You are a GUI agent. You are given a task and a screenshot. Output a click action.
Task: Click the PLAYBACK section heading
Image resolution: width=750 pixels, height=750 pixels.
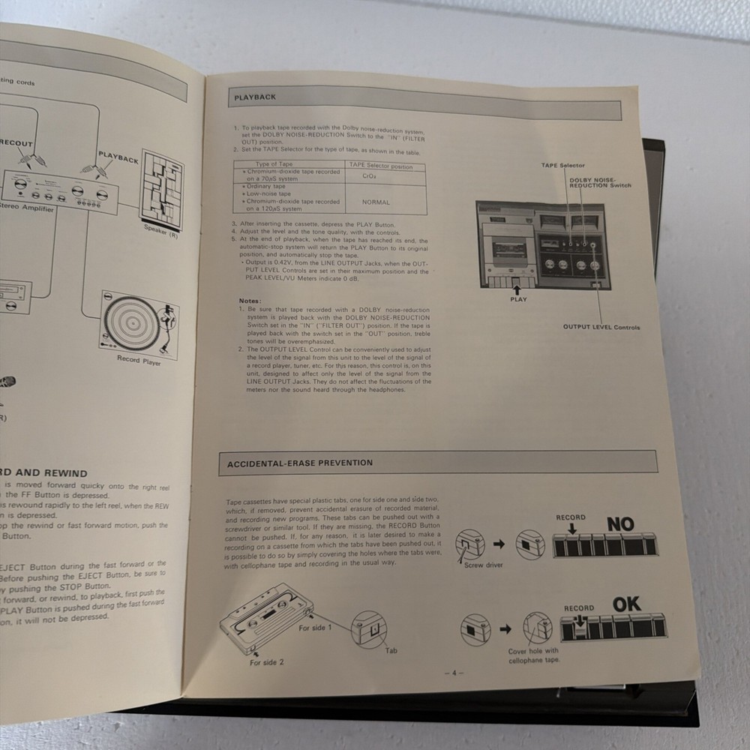tap(255, 97)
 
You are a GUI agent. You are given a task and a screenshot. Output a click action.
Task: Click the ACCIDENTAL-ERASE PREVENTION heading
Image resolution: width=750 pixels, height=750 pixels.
tap(300, 463)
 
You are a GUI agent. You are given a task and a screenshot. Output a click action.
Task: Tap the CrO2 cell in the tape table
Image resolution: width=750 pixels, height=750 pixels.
tap(369, 176)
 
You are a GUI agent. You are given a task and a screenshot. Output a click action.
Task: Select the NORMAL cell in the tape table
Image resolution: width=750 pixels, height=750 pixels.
tap(376, 202)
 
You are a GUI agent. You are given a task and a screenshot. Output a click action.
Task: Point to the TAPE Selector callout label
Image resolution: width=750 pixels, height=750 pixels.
tap(563, 165)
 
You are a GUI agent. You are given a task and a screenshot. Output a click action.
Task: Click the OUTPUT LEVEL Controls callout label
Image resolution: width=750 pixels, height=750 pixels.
tap(601, 327)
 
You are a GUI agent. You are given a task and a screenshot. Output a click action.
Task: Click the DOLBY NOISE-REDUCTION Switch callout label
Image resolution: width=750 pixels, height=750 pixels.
tap(600, 182)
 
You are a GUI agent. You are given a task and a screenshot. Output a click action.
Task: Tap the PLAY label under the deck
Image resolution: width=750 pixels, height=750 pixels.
tap(518, 299)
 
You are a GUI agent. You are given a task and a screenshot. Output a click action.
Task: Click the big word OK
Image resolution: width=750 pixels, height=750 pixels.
tap(627, 604)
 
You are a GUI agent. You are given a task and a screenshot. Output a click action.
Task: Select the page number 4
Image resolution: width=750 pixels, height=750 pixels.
tap(454, 673)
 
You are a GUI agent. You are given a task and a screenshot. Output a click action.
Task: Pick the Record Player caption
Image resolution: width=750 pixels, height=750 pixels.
tap(139, 361)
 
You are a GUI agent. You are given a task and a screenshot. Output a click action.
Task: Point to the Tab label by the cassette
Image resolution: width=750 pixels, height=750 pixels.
tap(391, 650)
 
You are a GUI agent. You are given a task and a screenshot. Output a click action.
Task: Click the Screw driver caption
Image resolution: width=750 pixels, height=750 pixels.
tap(484, 565)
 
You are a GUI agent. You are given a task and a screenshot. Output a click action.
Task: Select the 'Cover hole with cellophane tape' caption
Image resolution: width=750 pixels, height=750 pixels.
tap(533, 655)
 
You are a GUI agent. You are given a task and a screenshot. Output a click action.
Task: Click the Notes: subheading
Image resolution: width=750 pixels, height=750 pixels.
tap(250, 301)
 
